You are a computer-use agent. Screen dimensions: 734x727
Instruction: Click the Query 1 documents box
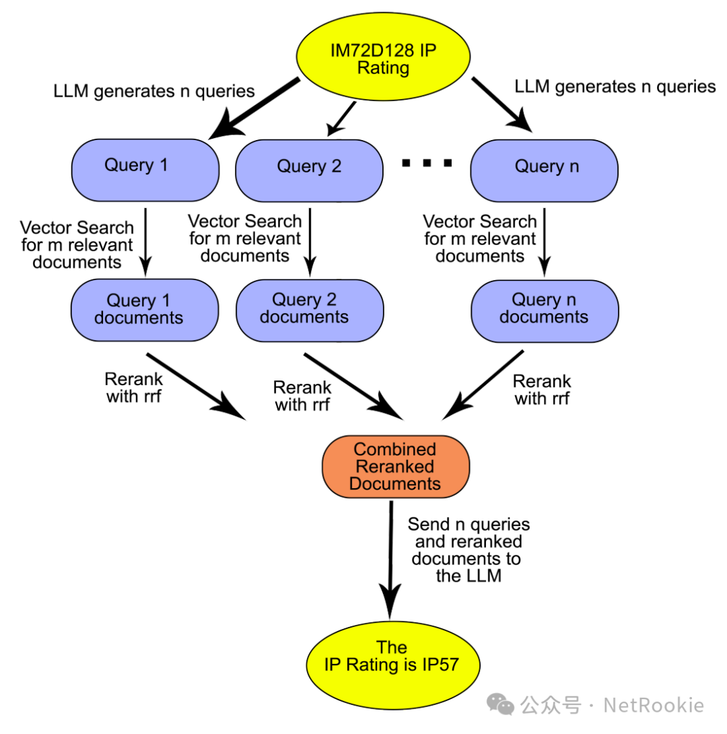coord(145,309)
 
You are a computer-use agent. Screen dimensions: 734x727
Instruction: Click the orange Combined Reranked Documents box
coord(395,466)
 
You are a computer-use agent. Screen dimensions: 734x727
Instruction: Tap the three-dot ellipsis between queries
coord(426,163)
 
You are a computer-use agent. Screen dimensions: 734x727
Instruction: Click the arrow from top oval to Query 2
coord(341,119)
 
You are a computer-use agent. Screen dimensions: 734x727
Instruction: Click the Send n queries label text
coord(469,549)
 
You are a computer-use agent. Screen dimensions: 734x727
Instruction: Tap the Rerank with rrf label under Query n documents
coord(541,390)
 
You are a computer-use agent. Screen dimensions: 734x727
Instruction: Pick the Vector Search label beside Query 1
coord(77,244)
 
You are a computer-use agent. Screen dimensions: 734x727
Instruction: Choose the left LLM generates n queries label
coord(154,92)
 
